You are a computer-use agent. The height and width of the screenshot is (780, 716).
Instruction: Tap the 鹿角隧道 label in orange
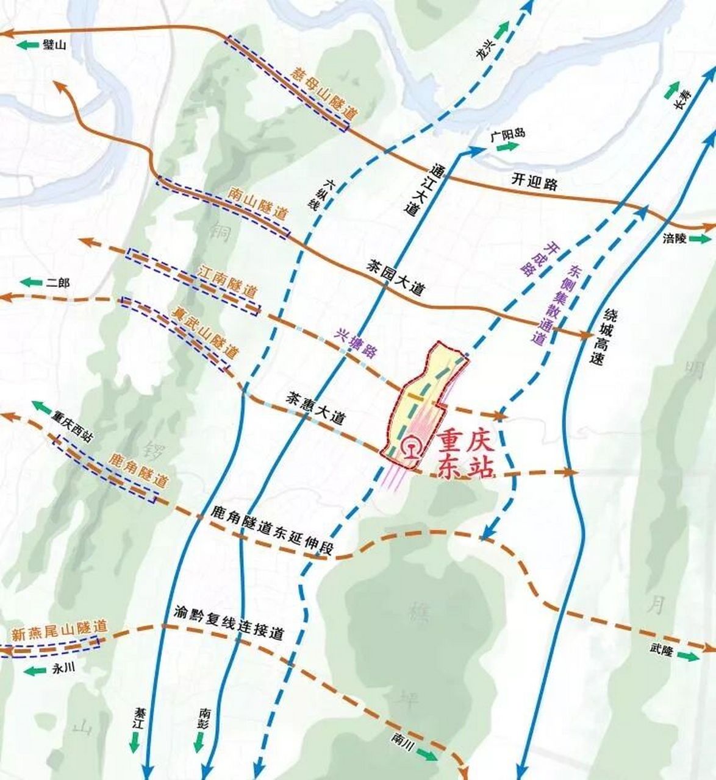[138, 469]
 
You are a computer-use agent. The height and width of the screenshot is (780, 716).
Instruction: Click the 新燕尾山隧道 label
[59, 630]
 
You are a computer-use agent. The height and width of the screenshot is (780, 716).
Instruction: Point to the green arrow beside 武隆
[689, 656]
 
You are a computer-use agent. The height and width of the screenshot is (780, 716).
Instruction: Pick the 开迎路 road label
[534, 182]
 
